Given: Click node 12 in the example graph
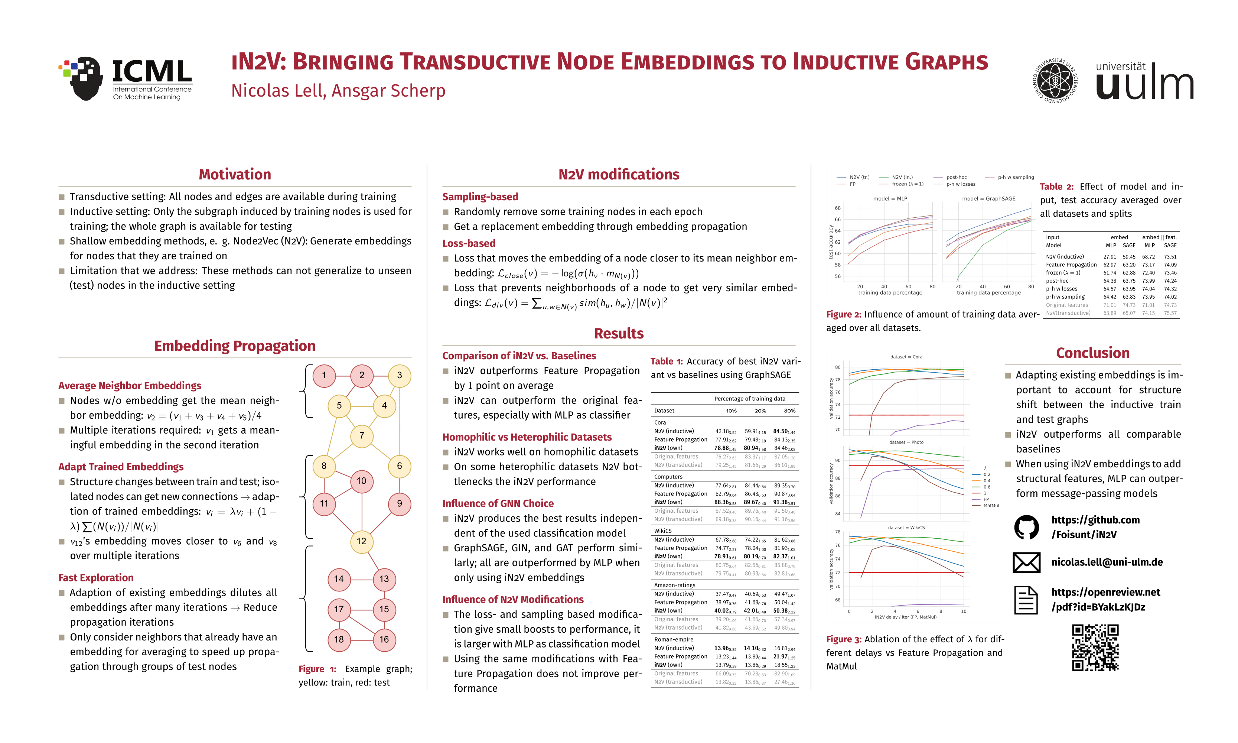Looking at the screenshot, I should (361, 541).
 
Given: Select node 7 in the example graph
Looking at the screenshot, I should (361, 436).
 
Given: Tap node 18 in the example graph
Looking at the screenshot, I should (339, 639).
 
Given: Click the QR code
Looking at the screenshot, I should (1095, 648).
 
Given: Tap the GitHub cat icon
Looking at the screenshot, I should (1026, 527).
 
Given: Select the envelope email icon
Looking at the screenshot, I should (1026, 562).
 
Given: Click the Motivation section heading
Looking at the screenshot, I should (235, 174).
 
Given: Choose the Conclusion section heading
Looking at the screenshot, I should (1092, 353).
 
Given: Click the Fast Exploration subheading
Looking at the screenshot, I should (96, 578).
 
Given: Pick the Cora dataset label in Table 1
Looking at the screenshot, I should (660, 422).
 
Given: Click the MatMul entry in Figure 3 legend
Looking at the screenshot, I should (991, 506).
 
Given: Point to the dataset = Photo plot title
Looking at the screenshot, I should (906, 442).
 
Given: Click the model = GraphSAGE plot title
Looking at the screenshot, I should (988, 199).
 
